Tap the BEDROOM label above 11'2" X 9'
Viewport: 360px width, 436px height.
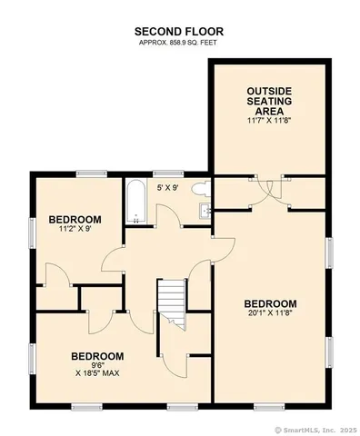75,219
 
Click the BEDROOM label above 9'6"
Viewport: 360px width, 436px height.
97,355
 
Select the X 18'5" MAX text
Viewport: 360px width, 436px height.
97,372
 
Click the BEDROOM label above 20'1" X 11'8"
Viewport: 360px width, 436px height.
270,303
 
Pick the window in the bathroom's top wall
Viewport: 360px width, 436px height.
164,173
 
